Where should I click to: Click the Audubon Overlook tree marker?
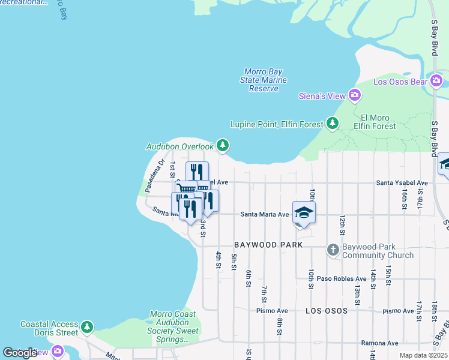(223, 145)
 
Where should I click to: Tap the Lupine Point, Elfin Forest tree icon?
(333, 123)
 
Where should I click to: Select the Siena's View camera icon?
(355, 95)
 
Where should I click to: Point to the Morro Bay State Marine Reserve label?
(264, 80)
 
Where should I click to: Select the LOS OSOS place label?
(327, 311)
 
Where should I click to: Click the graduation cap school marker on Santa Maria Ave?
(304, 213)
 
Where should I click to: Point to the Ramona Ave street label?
(380, 343)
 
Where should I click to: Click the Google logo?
(20, 352)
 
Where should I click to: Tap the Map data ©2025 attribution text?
(423, 355)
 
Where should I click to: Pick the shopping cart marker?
(187, 189)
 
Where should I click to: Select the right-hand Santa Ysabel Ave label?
(402, 182)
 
